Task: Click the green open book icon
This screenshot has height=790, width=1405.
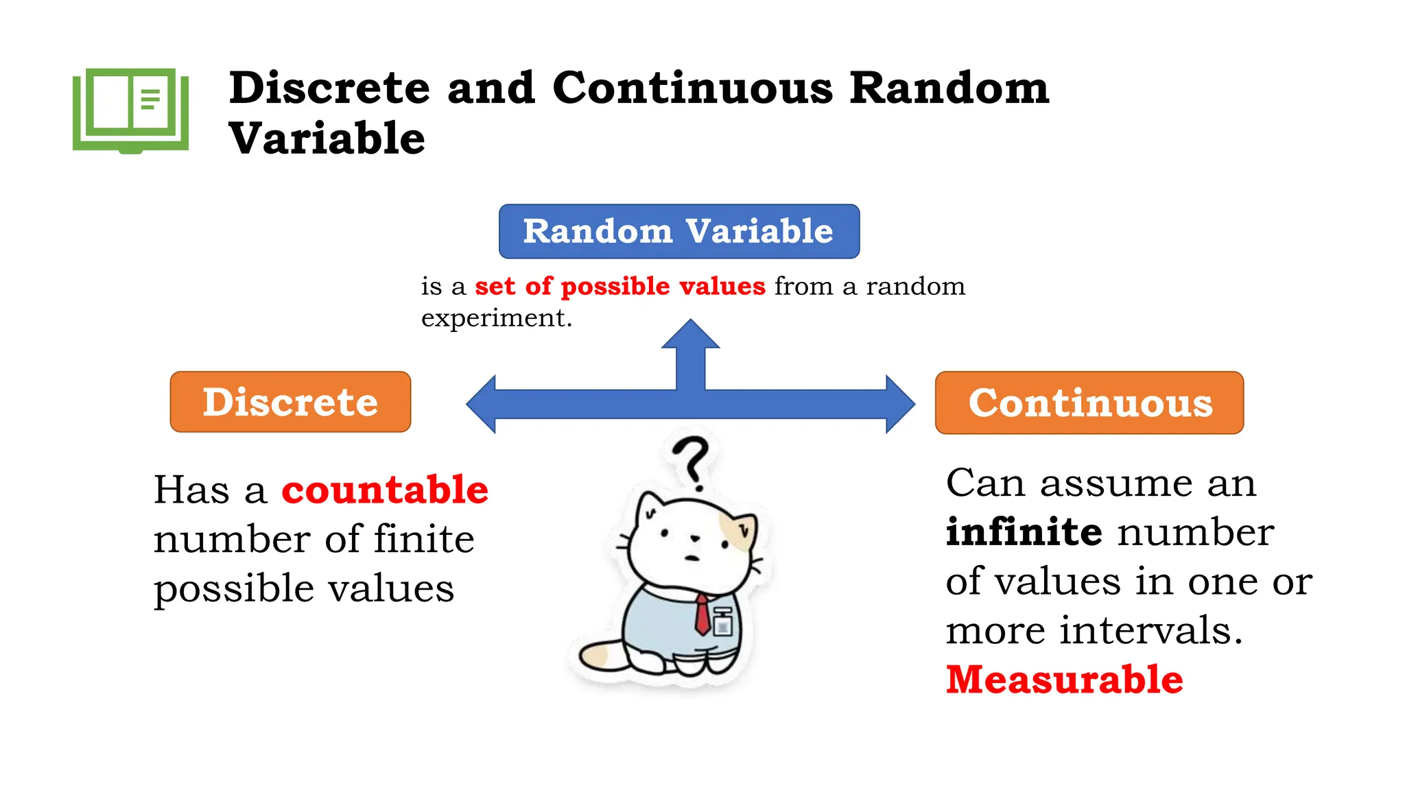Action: point(130,110)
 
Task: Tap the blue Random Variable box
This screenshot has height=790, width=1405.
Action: point(678,231)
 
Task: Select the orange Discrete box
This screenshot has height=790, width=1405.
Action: point(290,402)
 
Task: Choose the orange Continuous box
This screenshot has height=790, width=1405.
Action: point(1089,403)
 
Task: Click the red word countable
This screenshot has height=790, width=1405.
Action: point(385,490)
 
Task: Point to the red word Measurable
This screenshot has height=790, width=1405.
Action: point(1064,680)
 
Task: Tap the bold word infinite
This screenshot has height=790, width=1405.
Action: point(1024,532)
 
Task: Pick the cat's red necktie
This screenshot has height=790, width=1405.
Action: point(702,614)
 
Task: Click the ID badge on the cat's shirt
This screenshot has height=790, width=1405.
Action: point(722,622)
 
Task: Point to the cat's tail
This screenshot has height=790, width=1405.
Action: point(600,655)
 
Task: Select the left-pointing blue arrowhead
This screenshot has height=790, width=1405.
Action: point(482,404)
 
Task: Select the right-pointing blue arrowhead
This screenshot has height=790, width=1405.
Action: point(899,404)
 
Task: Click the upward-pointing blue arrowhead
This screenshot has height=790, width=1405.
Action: point(691,335)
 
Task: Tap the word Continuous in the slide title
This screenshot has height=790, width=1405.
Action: point(692,88)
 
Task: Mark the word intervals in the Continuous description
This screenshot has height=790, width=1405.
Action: point(1150,630)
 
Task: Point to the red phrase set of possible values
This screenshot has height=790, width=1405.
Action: point(619,286)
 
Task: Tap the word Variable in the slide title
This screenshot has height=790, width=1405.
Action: point(327,139)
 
